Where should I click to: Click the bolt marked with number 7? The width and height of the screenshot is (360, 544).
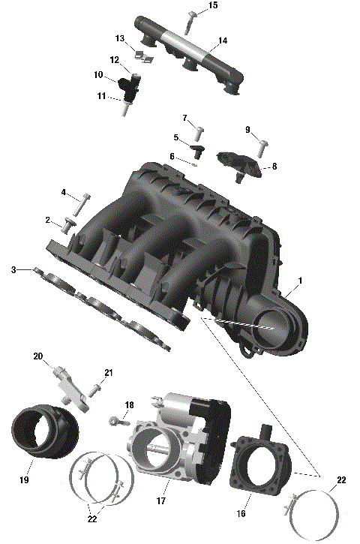[x=199, y=134]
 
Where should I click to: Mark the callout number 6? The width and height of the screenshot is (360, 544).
[x=172, y=156]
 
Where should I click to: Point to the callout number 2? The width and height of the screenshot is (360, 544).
[x=47, y=221]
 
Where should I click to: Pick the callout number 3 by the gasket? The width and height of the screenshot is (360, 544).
[x=13, y=269]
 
